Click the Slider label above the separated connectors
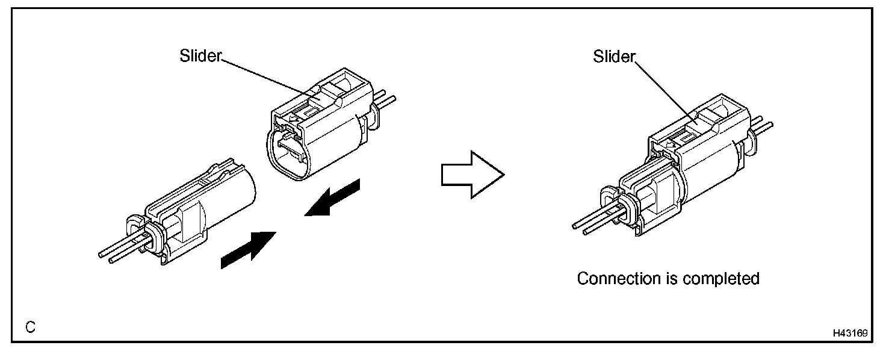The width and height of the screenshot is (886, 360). pos(200,56)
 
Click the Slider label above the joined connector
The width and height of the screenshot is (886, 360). pos(614,57)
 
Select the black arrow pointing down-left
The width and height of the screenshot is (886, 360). pos(333,197)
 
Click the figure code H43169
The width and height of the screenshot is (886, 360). pos(850,332)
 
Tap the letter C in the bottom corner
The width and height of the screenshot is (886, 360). pos(31,327)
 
